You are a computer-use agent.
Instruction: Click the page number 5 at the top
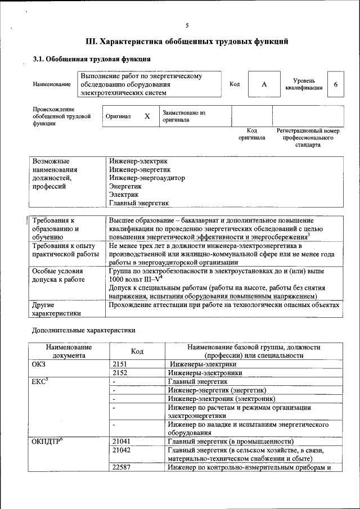[187, 25]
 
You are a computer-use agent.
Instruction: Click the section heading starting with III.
[187, 42]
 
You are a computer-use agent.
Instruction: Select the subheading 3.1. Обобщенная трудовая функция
[91, 58]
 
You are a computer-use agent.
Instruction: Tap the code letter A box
[264, 84]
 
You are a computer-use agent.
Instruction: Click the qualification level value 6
[336, 84]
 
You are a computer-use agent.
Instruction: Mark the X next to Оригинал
[147, 116]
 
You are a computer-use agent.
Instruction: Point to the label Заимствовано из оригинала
[184, 116]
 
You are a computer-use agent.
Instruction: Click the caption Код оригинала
[251, 134]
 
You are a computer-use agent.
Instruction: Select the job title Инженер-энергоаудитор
[147, 178]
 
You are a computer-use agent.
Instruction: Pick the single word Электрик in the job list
[124, 194]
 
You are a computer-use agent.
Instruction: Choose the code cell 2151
[121, 364]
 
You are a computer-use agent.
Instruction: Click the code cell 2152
[121, 372]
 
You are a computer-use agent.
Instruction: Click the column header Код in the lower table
[137, 352]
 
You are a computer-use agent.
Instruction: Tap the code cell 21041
[122, 442]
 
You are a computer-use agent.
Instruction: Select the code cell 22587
[122, 467]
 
